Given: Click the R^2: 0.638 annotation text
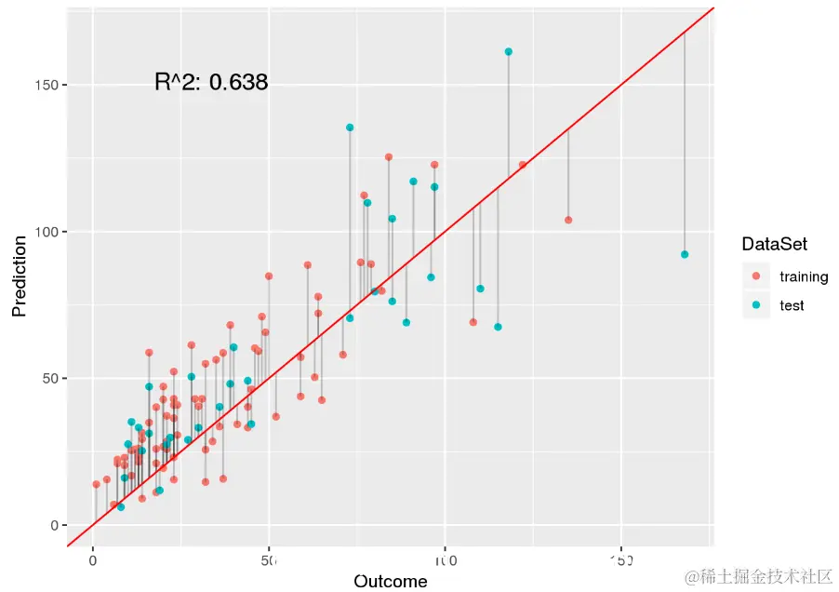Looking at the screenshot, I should [211, 83].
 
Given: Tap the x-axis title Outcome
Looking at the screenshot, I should [390, 582].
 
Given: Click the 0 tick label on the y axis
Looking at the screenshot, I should [53, 525].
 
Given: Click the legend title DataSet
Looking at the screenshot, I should [773, 245].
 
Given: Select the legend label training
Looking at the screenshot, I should [804, 276].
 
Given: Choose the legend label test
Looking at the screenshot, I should [792, 305].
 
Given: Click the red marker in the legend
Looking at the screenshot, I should [755, 276].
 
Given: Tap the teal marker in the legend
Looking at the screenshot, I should [755, 305].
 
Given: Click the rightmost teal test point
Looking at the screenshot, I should [685, 254].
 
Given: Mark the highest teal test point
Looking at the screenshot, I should [508, 52].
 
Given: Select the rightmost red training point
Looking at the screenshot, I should [568, 221].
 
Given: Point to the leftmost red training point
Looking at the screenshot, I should [96, 484].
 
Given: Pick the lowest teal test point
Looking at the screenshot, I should [121, 507].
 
